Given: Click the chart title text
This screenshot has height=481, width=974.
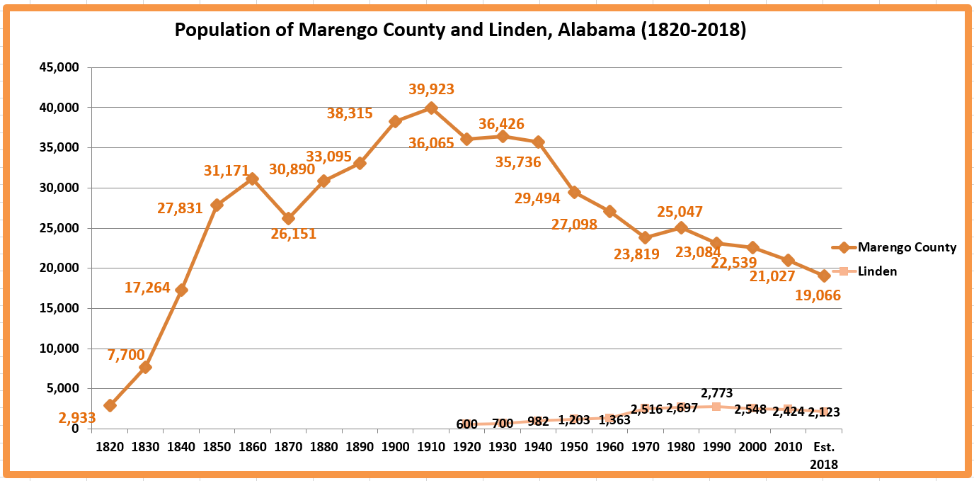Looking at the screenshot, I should [x=460, y=31].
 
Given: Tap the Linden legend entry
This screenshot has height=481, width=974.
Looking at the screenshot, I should [x=877, y=271].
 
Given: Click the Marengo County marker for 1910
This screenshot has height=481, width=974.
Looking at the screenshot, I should [x=431, y=108].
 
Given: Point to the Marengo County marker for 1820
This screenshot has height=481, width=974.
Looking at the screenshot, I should [x=110, y=405].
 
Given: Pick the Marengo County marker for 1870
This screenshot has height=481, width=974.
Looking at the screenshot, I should [x=288, y=218].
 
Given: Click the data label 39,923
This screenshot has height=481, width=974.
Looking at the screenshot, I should [x=431, y=89].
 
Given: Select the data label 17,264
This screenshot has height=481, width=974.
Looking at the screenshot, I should [x=147, y=288].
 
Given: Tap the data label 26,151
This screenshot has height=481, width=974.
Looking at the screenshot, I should [x=293, y=234].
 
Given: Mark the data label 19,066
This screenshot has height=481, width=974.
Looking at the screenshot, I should [x=818, y=296].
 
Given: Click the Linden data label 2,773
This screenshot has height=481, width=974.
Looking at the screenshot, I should [x=716, y=393].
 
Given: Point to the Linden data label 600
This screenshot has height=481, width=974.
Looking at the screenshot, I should [x=466, y=424].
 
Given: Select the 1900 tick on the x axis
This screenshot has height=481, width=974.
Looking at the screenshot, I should [x=395, y=447].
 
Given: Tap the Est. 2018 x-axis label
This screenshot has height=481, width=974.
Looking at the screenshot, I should [x=825, y=455].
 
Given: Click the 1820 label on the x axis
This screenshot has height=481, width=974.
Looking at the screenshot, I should [x=110, y=447].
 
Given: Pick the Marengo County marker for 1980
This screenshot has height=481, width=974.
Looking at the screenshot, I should [x=681, y=227].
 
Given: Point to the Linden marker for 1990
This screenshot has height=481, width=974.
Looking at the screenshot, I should [x=716, y=407].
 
